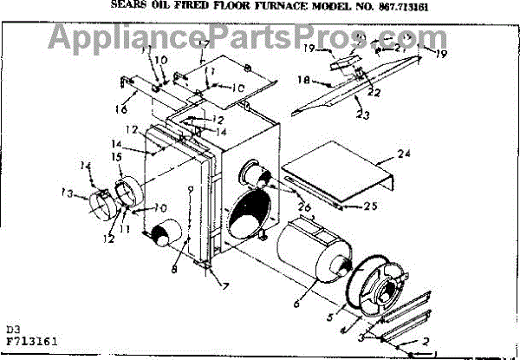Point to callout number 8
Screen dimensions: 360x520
(177, 269)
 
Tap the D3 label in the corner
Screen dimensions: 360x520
(11, 331)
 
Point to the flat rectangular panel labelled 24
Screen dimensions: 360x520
(338, 169)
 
